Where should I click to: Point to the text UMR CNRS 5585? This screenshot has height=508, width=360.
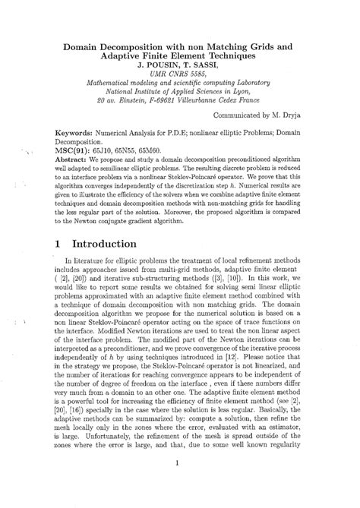[x=180, y=75]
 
